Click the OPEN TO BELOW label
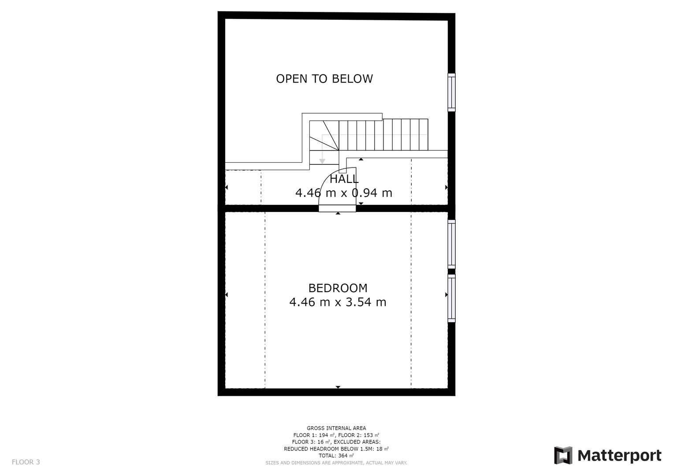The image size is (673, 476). click(x=324, y=79)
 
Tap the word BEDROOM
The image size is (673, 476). click(x=338, y=288)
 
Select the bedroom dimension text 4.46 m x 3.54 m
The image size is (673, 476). click(x=338, y=302)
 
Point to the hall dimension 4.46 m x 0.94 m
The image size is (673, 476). click(x=344, y=193)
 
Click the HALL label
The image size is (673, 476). click(x=344, y=179)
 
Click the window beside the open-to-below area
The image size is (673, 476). click(x=451, y=92)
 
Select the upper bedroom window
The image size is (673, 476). click(x=451, y=244)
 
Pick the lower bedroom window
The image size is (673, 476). click(x=451, y=298)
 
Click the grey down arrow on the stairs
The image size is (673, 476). click(x=322, y=161)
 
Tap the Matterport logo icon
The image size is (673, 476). click(x=563, y=455)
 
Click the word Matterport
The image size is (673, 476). click(x=620, y=456)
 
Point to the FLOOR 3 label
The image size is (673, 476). click(x=26, y=462)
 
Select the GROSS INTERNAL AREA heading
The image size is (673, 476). click(x=336, y=428)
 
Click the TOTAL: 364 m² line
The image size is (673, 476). click(x=336, y=456)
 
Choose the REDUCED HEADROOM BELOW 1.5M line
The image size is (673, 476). click(x=336, y=449)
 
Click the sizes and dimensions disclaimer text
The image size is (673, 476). click(x=336, y=463)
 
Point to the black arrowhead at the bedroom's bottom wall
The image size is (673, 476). click(x=338, y=387)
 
